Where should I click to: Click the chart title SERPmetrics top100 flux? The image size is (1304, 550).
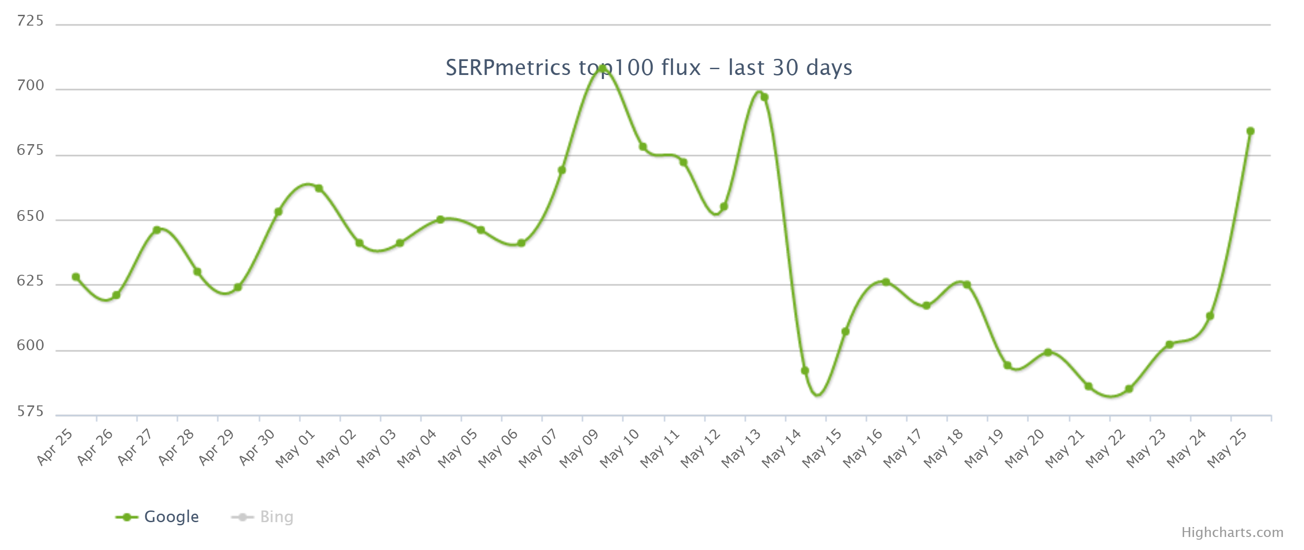(649, 67)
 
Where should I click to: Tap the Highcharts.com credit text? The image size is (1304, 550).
(1232, 532)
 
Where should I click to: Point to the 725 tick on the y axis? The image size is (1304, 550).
(30, 21)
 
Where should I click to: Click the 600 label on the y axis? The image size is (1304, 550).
(30, 345)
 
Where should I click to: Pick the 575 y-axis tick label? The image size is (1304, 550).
(30, 411)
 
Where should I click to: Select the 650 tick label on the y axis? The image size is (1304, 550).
(30, 216)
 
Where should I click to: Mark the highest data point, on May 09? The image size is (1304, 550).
(602, 69)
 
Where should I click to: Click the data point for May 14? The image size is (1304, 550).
(805, 371)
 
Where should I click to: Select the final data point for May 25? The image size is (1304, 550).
(1250, 131)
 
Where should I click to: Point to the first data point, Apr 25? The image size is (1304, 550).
(76, 277)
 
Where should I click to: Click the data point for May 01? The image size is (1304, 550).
(319, 189)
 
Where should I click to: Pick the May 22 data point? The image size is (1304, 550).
(1129, 389)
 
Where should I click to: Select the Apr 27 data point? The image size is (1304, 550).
(157, 230)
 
